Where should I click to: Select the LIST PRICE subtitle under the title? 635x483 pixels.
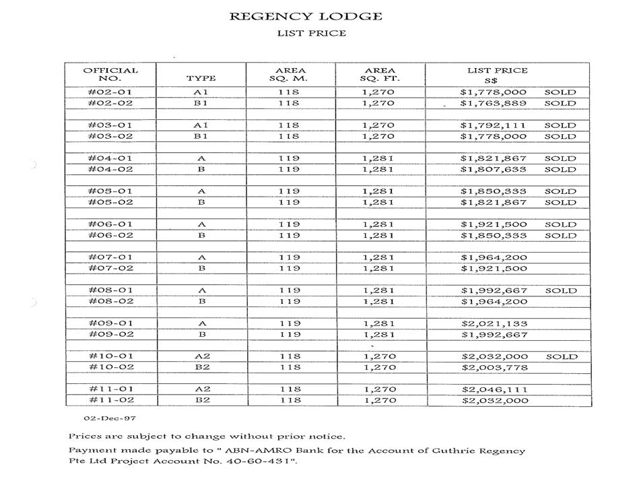click(312, 33)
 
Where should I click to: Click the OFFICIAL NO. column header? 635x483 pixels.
click(110, 74)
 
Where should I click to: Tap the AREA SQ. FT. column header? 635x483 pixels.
click(380, 74)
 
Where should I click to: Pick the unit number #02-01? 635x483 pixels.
click(110, 92)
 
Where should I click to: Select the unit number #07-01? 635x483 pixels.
click(110, 257)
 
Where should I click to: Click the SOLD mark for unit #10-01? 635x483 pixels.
click(560, 356)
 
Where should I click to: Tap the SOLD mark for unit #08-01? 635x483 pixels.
click(560, 291)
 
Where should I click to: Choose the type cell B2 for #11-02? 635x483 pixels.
click(201, 401)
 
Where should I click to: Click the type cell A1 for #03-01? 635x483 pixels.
click(201, 125)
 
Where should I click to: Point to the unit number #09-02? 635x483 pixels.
click(110, 335)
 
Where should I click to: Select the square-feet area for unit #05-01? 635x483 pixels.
click(380, 191)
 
